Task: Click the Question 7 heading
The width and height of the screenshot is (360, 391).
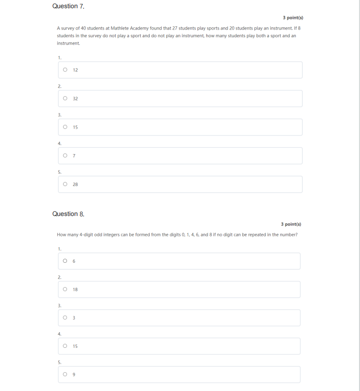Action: (68, 6)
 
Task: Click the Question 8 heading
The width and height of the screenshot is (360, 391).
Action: (68, 214)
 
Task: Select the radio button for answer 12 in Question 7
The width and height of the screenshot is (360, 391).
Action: (66, 70)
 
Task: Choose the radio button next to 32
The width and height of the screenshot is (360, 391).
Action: (66, 99)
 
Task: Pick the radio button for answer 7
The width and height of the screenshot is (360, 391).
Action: (66, 156)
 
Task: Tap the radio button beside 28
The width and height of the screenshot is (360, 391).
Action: (66, 185)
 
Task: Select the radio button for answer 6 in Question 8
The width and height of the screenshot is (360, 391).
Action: (66, 261)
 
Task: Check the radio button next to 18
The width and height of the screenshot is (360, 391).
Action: (66, 289)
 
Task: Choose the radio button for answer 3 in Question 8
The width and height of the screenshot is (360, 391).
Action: (66, 318)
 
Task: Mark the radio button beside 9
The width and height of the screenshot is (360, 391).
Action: (66, 375)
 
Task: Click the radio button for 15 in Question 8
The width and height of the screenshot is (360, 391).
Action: (66, 346)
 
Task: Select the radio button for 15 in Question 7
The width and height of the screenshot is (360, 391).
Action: (66, 127)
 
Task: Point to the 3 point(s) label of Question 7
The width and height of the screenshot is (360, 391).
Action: (293, 18)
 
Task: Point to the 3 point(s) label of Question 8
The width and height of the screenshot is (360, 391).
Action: (291, 224)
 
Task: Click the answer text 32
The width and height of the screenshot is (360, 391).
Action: (75, 99)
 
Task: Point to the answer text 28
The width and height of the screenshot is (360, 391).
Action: (75, 185)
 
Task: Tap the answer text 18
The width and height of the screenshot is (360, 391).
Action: (75, 289)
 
